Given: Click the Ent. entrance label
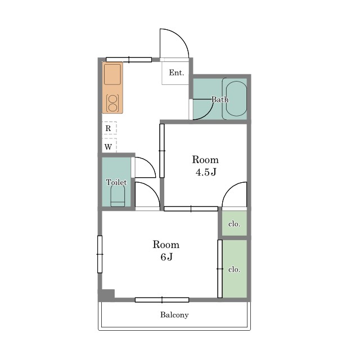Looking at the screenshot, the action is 176,73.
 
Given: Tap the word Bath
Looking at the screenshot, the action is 220,100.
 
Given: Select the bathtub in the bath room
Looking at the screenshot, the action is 236,98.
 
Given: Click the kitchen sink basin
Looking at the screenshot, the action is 112,74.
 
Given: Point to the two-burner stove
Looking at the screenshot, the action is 112,103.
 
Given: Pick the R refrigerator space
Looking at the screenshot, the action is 109,128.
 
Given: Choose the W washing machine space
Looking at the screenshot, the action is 109,146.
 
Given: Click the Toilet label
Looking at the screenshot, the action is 116,182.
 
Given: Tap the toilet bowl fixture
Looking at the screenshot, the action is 118,196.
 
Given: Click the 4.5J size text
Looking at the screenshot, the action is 206,172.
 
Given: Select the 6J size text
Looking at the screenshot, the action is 166,257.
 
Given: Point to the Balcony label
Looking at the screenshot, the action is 174,315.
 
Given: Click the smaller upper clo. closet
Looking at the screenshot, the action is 234,223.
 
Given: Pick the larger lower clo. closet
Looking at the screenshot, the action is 235,269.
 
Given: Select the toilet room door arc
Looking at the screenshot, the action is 149,164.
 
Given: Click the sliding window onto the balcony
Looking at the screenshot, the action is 162,300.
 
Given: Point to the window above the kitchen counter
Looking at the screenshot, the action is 129,60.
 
